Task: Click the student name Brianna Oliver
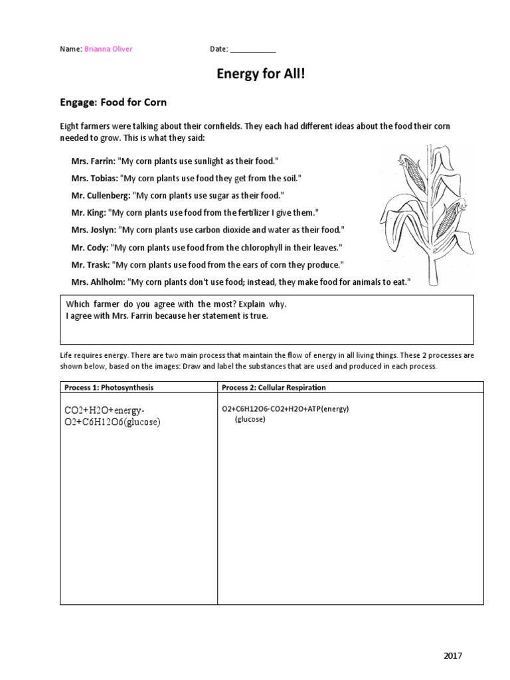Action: [x=108, y=49]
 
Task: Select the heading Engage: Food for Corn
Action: [x=114, y=102]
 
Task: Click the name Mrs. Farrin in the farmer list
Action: [x=92, y=161]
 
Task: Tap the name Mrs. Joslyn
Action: [x=93, y=230]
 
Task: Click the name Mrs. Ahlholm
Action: [x=97, y=282]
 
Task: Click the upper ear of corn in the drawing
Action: [x=413, y=171]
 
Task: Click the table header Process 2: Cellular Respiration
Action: [x=274, y=387]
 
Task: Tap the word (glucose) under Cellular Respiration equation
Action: [x=250, y=419]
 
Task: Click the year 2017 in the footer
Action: [x=453, y=656]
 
